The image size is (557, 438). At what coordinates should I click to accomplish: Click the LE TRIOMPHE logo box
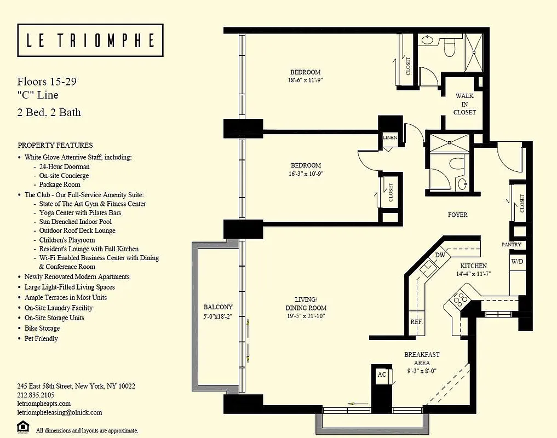(90, 41)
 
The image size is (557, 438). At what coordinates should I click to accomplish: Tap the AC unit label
(382, 374)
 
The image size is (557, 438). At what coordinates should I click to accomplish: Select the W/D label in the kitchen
(517, 262)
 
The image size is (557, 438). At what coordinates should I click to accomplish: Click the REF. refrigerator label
(417, 322)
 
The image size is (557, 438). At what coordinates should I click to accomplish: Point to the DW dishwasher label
(440, 255)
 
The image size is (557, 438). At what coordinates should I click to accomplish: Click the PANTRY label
(512, 245)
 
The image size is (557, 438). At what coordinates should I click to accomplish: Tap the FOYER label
(457, 215)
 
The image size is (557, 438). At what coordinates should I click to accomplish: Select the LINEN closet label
(390, 137)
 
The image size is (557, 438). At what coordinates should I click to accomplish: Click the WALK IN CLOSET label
(464, 104)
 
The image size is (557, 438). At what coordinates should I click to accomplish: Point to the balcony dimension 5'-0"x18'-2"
(219, 316)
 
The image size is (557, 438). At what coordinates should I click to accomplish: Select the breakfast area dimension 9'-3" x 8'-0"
(422, 371)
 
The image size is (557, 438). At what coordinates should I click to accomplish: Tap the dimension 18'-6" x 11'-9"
(305, 80)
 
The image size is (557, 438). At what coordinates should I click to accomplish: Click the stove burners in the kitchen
(459, 299)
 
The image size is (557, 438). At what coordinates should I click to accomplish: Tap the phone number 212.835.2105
(36, 395)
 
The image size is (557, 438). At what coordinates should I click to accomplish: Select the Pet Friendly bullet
(41, 338)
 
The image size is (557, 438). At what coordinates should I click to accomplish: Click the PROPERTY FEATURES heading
(55, 146)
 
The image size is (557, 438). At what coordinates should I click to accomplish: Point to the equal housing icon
(24, 426)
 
